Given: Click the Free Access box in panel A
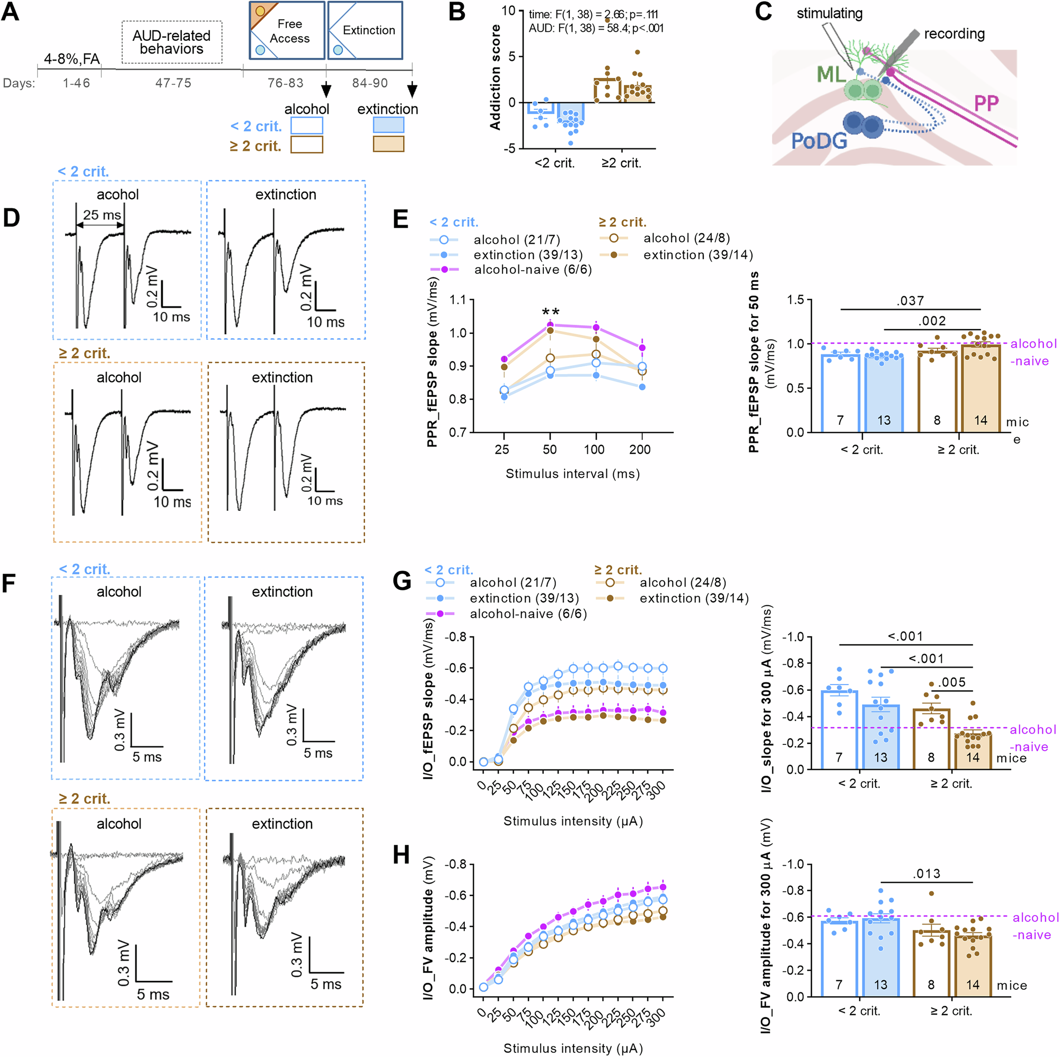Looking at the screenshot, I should point(287,31).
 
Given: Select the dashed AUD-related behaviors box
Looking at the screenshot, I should point(171,42).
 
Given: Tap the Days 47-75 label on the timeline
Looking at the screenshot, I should point(173,83).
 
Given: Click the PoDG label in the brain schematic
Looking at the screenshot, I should point(819,141).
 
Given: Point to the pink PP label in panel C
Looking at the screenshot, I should point(985,103).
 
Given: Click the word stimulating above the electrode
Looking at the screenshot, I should point(829,13).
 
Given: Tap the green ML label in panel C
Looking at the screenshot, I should point(831,74).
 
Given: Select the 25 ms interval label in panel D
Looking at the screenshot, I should point(102,215).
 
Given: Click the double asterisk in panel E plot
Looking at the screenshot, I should point(550,312).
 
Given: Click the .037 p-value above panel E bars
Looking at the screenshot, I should point(909,300).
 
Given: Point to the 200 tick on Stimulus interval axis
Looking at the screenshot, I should point(640,450).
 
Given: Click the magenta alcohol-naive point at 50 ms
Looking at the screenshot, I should point(550,325).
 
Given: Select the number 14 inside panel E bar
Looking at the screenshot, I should point(980,420).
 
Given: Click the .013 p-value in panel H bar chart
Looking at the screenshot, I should point(926,874).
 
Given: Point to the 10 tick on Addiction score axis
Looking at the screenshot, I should point(509,11).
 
